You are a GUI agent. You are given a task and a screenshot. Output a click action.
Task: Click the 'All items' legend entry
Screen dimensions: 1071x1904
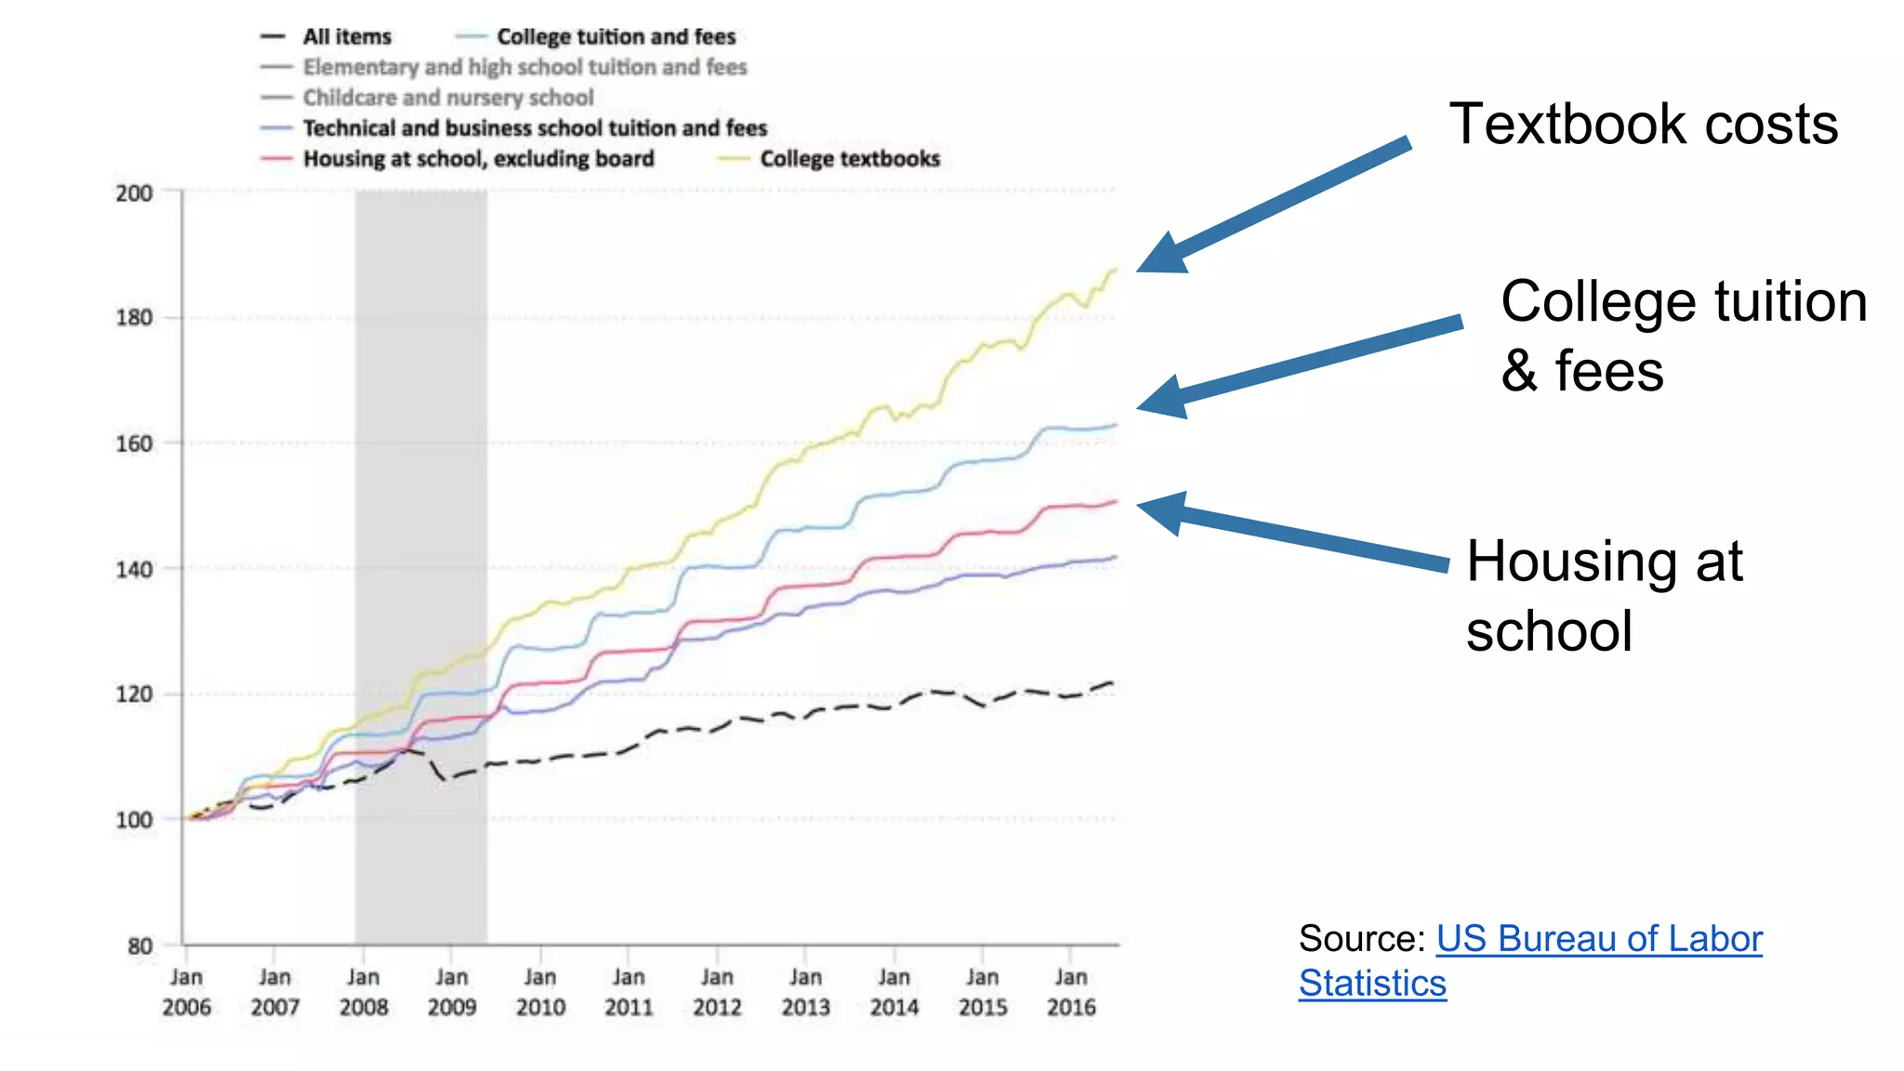click(346, 37)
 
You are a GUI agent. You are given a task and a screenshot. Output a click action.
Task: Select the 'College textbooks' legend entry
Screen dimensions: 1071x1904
click(849, 159)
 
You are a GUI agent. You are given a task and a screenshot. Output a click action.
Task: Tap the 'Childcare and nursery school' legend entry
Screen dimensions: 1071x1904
click(447, 98)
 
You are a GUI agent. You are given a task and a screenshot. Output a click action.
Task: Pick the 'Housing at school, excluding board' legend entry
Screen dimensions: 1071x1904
click(478, 159)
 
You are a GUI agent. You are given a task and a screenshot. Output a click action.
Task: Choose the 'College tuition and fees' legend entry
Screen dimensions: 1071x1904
click(615, 37)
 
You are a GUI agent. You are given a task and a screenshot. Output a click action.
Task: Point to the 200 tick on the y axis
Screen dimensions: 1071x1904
click(135, 193)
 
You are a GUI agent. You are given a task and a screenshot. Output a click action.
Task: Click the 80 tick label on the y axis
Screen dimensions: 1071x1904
click(140, 946)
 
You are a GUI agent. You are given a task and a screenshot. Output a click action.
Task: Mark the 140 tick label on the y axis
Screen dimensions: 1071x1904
click(135, 570)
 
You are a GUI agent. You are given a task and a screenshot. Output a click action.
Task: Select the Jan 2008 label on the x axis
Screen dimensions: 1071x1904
click(364, 992)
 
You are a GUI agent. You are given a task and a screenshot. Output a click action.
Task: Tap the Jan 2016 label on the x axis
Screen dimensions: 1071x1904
click(1071, 992)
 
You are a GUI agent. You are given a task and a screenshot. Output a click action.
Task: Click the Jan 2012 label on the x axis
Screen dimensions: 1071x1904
click(717, 992)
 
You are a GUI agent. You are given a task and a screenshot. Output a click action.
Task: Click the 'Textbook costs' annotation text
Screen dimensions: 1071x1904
click(1643, 125)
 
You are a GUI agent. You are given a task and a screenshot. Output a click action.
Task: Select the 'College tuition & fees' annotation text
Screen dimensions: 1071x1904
click(1683, 336)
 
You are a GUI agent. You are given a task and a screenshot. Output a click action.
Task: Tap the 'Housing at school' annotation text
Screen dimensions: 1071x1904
click(1604, 596)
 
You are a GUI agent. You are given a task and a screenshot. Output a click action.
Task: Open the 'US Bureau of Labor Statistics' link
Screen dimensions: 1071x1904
click(1598, 939)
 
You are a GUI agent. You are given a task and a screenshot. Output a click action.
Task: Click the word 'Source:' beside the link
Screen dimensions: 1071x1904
click(1362, 939)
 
